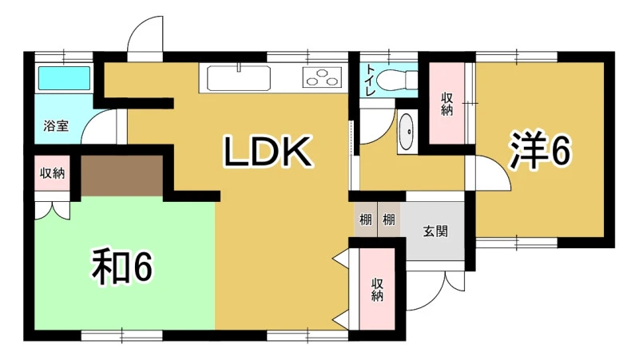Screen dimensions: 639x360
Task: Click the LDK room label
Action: [x=268, y=152]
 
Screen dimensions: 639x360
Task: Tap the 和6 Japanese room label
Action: [x=122, y=267]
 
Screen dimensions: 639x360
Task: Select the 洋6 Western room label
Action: [x=539, y=150]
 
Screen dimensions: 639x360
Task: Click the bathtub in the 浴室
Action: [x=64, y=78]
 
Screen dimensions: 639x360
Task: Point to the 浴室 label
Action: [x=56, y=125]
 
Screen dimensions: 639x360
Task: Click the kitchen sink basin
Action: [x=238, y=77]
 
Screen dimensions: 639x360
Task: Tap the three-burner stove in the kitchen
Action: [x=322, y=77]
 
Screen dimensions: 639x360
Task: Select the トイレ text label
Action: [x=370, y=80]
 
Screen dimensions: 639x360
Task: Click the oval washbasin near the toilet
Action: [x=406, y=132]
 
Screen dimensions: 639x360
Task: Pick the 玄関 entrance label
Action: [x=435, y=231]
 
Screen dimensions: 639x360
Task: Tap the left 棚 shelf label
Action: [x=365, y=220]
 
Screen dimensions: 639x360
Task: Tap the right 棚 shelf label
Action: [x=388, y=220]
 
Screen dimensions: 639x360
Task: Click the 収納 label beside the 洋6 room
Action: [x=447, y=104]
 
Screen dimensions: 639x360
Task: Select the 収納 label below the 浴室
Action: [x=52, y=173]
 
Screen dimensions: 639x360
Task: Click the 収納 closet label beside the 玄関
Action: [x=377, y=290]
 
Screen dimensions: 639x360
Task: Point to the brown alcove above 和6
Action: [x=122, y=176]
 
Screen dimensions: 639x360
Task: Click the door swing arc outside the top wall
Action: [x=145, y=34]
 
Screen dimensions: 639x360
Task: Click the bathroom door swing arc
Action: [x=99, y=126]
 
